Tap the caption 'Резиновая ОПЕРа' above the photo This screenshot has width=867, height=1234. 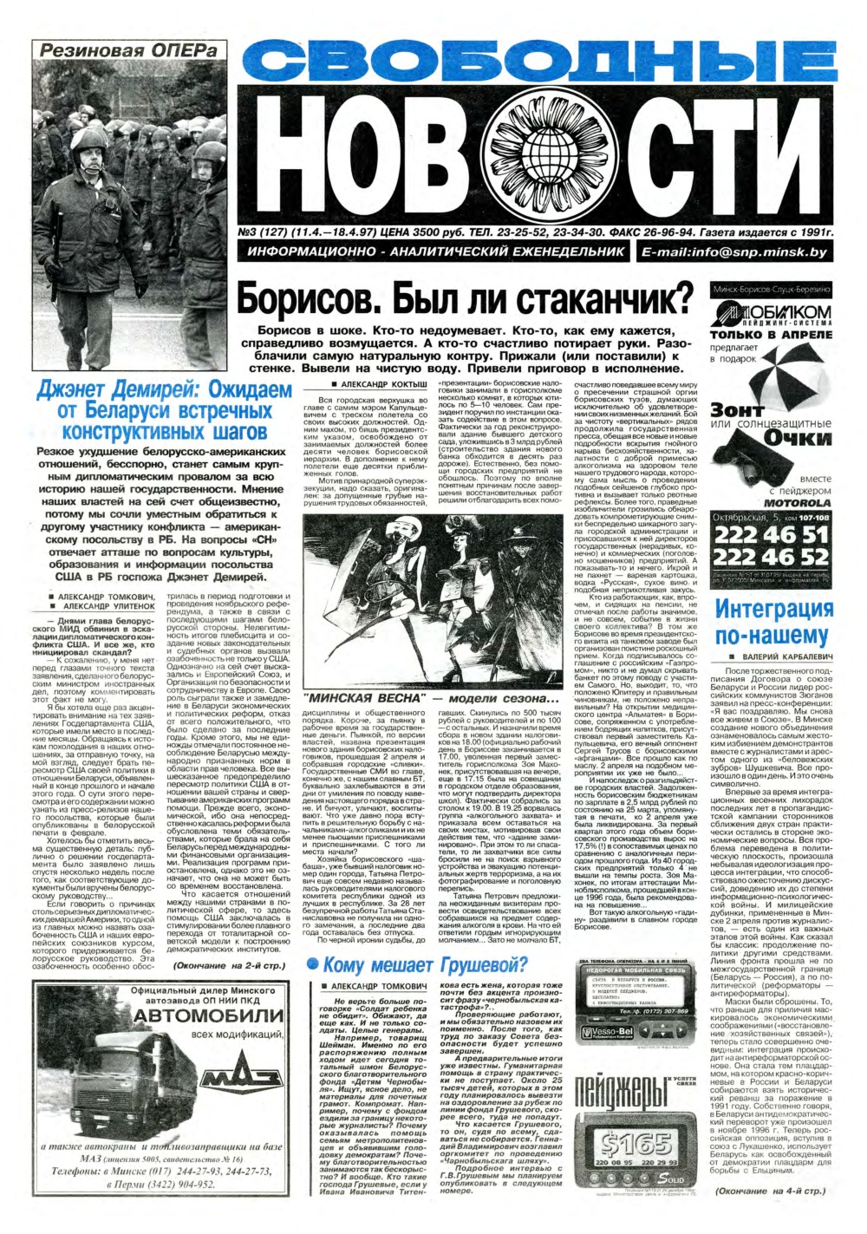(128, 51)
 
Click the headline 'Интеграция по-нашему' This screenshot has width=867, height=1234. (773, 622)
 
